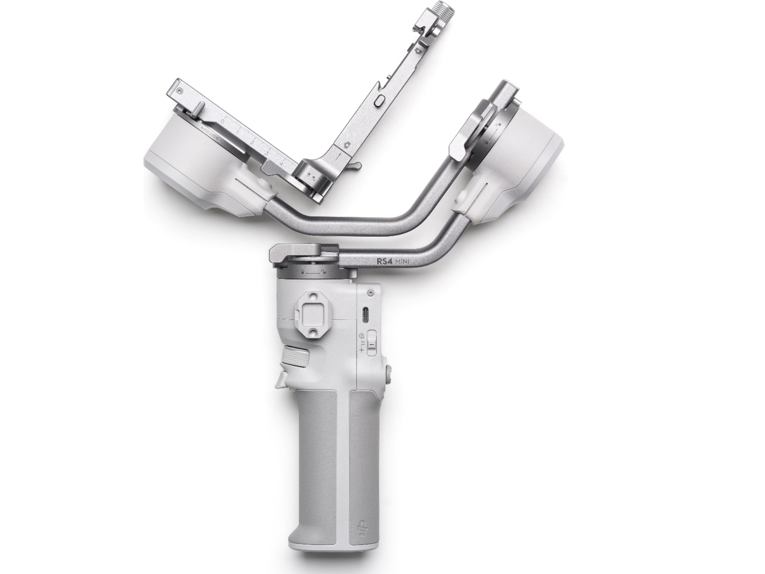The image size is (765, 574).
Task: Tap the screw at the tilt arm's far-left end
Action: pyautogui.click(x=179, y=89)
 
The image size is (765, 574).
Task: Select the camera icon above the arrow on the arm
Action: pyautogui.click(x=345, y=143)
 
